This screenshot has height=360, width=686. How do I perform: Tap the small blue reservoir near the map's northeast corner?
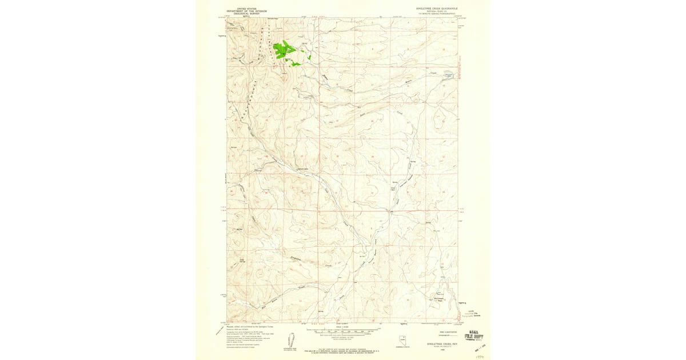[449, 74]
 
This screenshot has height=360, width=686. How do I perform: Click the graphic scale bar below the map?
[343, 331]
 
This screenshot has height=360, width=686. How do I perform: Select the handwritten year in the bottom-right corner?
[480, 354]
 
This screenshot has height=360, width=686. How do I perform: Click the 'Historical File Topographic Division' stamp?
[468, 314]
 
